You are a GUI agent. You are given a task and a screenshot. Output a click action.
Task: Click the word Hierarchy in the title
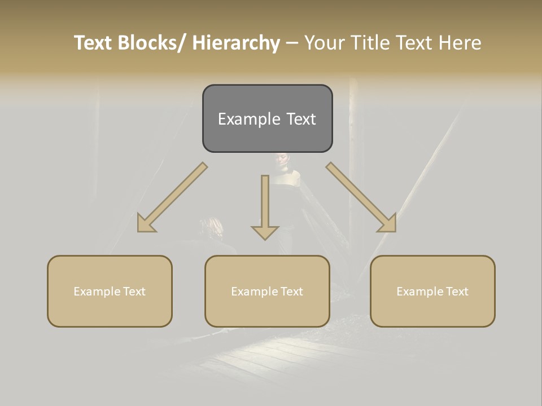point(236,43)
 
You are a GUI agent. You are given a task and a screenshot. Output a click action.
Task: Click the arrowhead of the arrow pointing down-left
point(146,224)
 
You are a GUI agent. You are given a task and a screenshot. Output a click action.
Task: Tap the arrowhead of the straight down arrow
point(265,232)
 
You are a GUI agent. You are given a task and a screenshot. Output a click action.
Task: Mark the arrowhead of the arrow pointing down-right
point(387,224)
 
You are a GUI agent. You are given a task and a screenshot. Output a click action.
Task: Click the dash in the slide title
point(292,43)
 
